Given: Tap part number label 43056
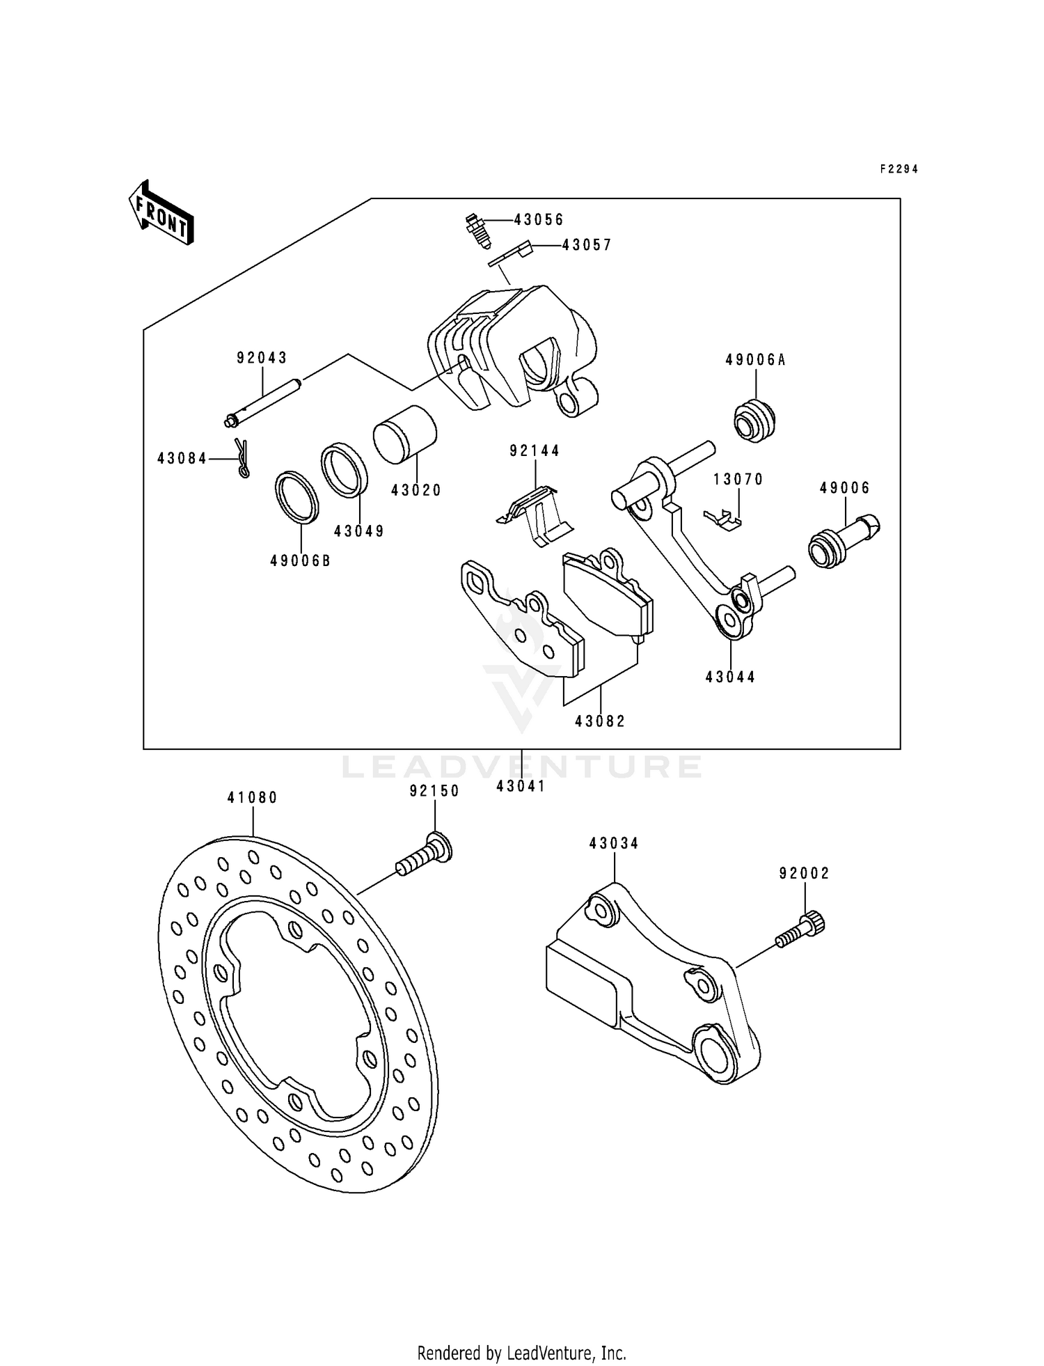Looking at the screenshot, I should pos(539,220).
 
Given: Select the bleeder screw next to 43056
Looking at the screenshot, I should pos(477,230).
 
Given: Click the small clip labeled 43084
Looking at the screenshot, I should pos(242,457).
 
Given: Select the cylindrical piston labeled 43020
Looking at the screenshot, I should pos(404,434).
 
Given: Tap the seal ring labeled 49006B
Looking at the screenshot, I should pos(298,497).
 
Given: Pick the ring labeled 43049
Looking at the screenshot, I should pos(345,470).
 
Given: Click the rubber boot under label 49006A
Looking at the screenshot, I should pos(755,419).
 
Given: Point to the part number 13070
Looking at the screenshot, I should pos(738,479).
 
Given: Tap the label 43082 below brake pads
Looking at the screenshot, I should pos(600,721).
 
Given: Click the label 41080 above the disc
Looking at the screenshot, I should pos(252,798).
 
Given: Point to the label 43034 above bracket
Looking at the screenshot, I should pos(613,844).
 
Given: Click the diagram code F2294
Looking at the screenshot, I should pos(899,169).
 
